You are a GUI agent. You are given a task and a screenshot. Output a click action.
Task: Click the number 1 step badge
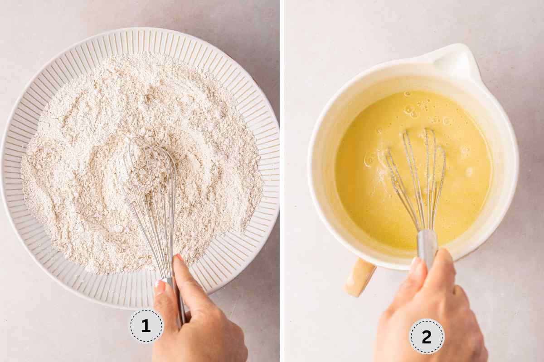click(x=146, y=326)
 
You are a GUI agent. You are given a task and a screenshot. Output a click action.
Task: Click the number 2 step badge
click(x=427, y=336)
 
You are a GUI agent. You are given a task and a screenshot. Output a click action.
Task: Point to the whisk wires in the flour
click(x=150, y=181)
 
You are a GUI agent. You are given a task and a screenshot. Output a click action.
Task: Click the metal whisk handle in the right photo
click(x=427, y=247)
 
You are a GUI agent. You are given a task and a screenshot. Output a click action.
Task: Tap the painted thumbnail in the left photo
click(x=160, y=285)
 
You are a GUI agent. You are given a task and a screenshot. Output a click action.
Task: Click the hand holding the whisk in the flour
click(x=199, y=326)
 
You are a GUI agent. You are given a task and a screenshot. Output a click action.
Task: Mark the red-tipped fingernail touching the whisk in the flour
click(x=180, y=257)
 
